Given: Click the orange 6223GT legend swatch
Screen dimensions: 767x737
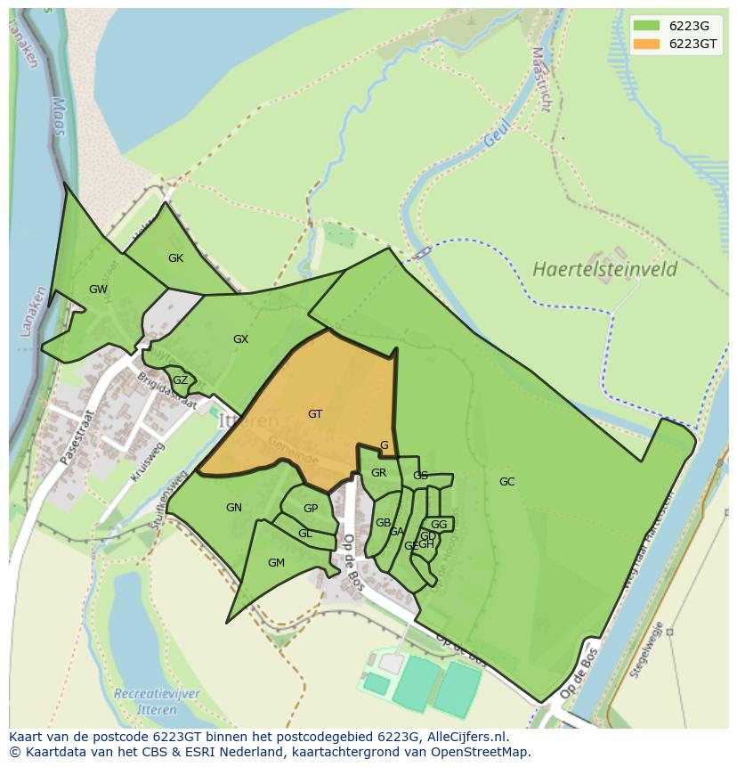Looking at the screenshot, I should tap(646, 44).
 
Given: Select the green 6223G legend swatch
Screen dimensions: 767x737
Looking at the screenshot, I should tap(646, 25).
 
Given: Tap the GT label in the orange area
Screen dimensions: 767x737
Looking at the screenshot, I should tap(315, 414).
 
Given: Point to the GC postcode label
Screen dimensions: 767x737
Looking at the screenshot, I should tap(506, 482).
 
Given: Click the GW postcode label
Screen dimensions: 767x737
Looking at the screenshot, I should tap(98, 290).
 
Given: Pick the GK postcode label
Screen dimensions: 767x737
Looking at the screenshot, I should tap(175, 258).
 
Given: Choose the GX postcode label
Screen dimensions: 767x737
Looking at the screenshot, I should tap(240, 339).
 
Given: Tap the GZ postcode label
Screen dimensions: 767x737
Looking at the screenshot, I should tap(180, 380).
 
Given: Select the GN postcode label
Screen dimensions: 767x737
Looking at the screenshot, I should tap(234, 508).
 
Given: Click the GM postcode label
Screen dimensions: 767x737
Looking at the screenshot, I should tap(276, 563).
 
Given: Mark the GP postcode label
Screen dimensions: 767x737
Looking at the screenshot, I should tap(310, 509).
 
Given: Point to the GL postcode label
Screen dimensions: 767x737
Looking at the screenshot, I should tap(305, 534).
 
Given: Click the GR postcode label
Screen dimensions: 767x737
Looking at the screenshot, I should tap(378, 473).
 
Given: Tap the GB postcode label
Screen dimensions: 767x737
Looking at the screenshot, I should tap(383, 523).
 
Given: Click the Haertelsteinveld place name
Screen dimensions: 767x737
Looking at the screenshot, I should tap(605, 269).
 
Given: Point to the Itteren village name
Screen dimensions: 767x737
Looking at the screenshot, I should tap(248, 420).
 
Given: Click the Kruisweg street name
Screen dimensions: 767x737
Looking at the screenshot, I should tap(147, 463).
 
